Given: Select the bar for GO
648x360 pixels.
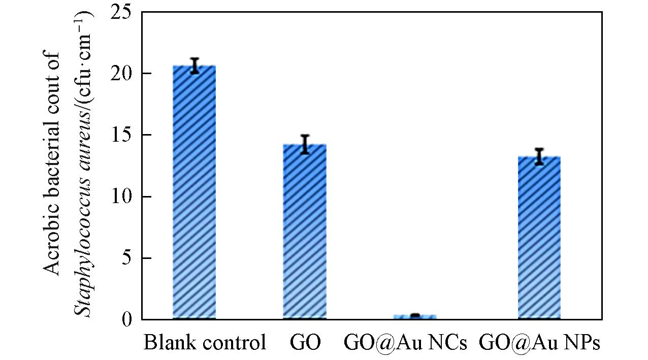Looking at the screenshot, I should coord(305,232).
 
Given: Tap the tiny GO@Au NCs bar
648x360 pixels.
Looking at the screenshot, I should coord(415,317).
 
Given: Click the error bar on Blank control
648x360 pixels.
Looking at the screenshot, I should coord(195,66).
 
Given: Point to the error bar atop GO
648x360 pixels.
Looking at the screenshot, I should coord(305,144).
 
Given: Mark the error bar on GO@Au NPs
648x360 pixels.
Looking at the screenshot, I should coord(539,156).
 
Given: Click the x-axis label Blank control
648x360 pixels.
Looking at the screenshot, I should coord(205,343).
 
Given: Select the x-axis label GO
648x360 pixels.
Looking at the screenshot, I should coord(305,343).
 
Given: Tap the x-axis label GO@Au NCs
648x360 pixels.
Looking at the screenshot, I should coord(405,343).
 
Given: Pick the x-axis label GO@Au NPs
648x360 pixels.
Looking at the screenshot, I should coord(539,343).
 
